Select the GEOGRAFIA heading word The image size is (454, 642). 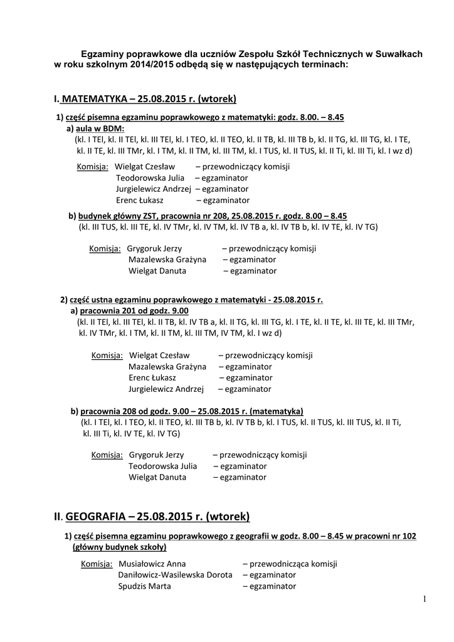(x=95, y=517)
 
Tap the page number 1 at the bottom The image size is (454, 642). (x=424, y=599)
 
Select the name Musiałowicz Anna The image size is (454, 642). (x=152, y=564)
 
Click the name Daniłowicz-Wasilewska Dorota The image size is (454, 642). (x=175, y=575)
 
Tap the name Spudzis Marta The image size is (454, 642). (x=144, y=586)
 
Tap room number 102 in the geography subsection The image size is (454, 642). (x=409, y=536)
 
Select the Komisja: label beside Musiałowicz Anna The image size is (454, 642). (x=97, y=564)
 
